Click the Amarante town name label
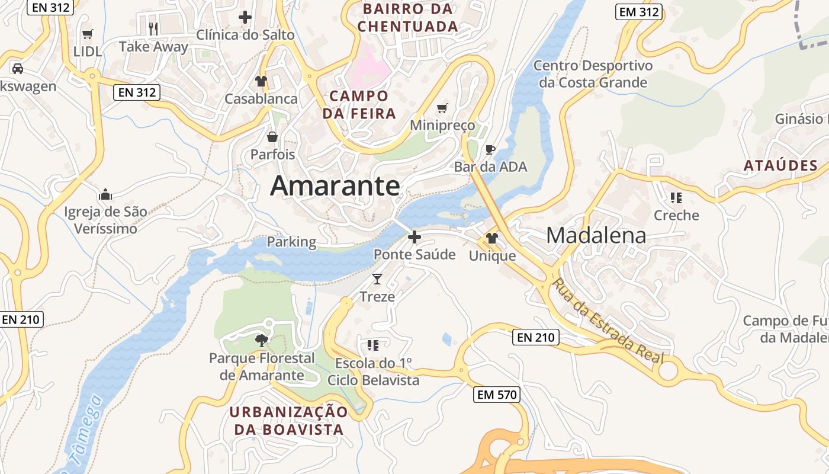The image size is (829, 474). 335,186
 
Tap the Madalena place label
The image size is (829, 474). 596,235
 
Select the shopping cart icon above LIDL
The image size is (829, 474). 88,34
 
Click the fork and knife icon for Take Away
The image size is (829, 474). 153,28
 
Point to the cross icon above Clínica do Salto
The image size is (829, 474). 245,17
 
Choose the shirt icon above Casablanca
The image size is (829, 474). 261,81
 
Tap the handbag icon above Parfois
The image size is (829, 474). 272,137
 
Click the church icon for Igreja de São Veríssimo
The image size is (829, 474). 105,194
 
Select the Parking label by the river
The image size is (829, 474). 291,242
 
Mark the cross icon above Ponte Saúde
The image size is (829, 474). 415,237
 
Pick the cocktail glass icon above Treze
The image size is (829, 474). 377,278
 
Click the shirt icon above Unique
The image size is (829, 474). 492,238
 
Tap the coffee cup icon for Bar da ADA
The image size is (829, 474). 490,149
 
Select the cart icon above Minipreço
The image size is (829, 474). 442,108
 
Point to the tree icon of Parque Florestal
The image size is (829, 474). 261,340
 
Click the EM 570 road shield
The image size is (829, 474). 496,395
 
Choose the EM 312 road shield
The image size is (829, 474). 638,12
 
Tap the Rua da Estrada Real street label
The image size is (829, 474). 608,322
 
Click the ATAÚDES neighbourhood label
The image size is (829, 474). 781,166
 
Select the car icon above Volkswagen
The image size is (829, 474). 18,69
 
